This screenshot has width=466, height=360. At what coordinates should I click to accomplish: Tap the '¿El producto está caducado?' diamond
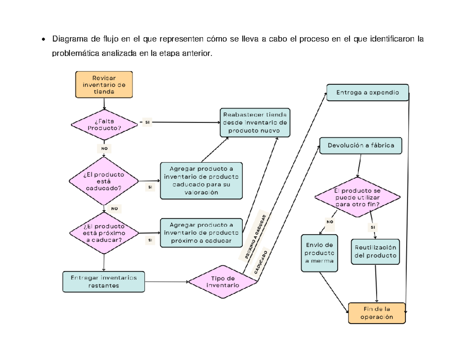[x=104, y=181]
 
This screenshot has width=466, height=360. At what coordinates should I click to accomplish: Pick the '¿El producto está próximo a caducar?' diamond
[x=104, y=233]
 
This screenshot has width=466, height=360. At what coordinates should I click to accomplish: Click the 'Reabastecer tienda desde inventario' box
[x=255, y=122]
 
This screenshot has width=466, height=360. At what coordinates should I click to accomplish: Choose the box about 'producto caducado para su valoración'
[x=201, y=180]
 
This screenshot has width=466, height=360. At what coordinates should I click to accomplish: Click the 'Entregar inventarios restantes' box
[x=104, y=281]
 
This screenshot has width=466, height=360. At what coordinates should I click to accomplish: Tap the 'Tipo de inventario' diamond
[x=223, y=282]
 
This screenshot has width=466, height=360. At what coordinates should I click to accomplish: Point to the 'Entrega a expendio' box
[x=367, y=92]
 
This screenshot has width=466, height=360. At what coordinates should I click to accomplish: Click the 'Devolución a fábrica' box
[x=361, y=146]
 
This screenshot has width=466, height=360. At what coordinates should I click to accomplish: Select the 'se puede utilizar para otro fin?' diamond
[x=357, y=197]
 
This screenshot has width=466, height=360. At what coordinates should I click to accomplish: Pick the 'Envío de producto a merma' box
[x=320, y=253]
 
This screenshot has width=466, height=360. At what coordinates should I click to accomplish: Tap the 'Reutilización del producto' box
[x=376, y=252]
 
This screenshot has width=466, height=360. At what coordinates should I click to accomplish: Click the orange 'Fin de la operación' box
[x=377, y=313]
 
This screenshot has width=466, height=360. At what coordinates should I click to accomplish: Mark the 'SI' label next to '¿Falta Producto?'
[x=147, y=122]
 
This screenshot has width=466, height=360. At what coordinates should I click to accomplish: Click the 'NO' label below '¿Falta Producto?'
[x=104, y=148]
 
